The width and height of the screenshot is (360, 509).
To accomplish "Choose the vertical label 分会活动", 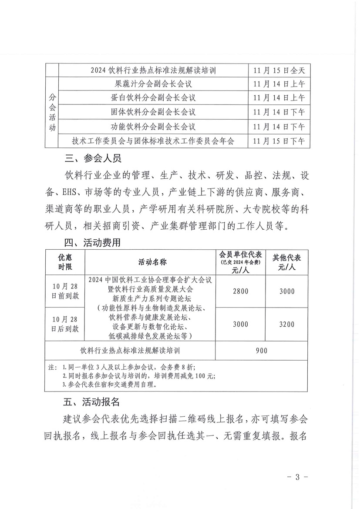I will click(52, 112).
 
